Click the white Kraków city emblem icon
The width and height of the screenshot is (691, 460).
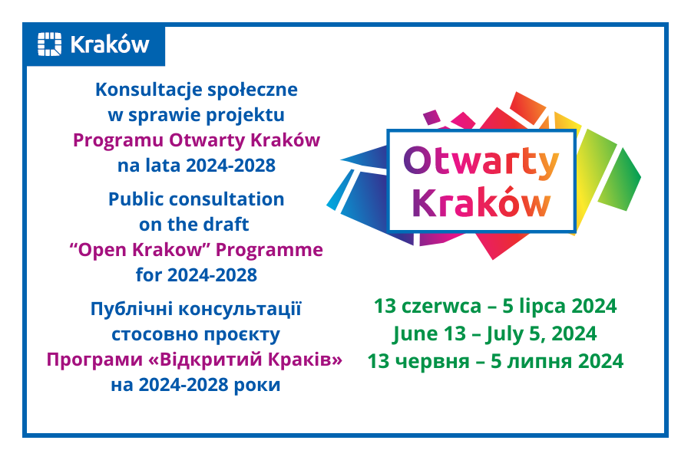pos(49,44)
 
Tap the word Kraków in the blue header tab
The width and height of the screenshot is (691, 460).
pos(110,44)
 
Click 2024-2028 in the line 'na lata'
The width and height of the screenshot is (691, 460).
pos(230,166)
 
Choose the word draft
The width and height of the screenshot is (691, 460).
pos(226,224)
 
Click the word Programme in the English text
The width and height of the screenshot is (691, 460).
pos(269,251)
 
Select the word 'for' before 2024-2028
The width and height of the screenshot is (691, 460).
pos(149,274)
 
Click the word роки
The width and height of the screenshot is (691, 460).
pos(257,386)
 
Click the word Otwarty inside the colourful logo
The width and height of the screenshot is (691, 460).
pos(481,162)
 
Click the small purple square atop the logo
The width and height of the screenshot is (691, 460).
pos(431,117)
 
